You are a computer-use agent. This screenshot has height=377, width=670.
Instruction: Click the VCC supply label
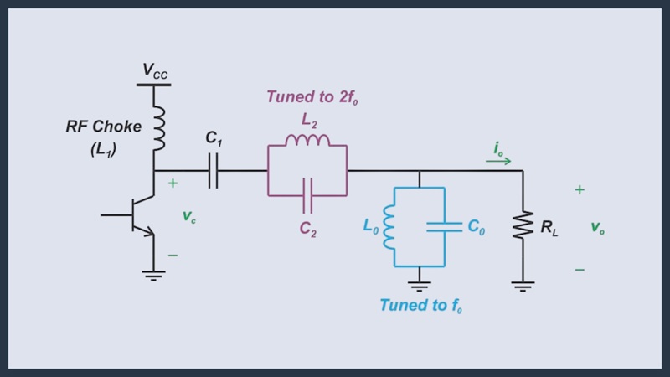[154, 70]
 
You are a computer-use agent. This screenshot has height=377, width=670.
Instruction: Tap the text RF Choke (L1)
[104, 138]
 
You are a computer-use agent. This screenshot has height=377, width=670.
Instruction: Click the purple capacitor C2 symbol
[307, 196]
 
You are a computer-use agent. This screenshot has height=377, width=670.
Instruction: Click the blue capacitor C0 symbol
[444, 225]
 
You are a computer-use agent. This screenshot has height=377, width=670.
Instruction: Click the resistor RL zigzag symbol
[523, 225]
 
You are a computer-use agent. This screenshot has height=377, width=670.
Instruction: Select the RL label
[549, 226]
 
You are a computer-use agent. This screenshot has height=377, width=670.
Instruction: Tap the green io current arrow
[498, 160]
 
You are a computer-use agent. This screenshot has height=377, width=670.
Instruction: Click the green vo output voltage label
[596, 227]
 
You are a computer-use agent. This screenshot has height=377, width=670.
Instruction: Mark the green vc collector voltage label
[189, 215]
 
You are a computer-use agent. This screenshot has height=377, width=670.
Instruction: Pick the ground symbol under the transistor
[153, 275]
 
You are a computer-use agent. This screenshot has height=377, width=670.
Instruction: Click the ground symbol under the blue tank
[419, 285]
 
